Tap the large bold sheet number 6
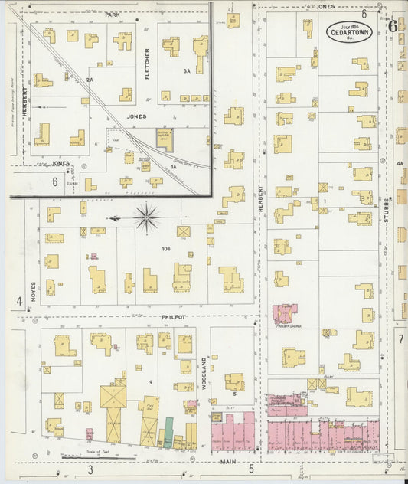393,25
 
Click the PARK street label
113,14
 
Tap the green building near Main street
168,433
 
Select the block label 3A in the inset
186,70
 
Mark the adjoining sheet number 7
400,338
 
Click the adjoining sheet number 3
90,469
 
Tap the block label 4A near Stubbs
399,163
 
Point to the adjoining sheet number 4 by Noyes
19,301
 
